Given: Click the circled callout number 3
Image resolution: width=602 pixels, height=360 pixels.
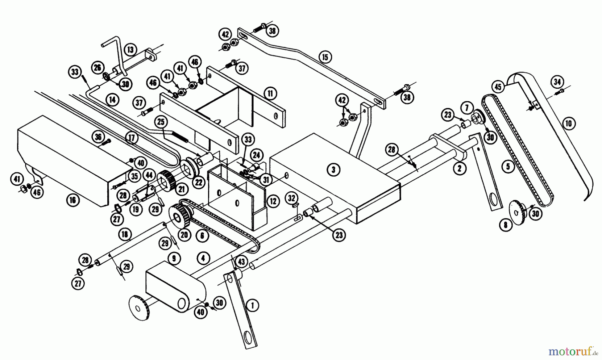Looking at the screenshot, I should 333,169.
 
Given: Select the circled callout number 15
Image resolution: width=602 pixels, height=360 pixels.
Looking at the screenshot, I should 325,57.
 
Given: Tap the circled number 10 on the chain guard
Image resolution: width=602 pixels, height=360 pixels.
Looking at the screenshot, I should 569,123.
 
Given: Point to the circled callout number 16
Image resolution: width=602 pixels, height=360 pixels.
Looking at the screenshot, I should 73,200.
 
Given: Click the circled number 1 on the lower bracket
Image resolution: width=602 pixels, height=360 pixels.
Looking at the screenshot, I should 253,305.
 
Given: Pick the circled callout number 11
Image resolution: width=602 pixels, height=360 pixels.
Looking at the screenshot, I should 270,94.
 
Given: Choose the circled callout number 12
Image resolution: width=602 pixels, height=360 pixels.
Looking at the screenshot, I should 273,201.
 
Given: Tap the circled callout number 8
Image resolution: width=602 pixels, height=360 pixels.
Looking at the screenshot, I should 505,224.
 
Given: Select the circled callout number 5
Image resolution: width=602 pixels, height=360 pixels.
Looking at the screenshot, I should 508,166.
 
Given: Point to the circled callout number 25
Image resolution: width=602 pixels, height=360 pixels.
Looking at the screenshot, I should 161,122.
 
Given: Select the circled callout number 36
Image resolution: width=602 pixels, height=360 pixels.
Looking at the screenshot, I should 98,137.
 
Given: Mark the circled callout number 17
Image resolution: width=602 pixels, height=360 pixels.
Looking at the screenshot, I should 132,138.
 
